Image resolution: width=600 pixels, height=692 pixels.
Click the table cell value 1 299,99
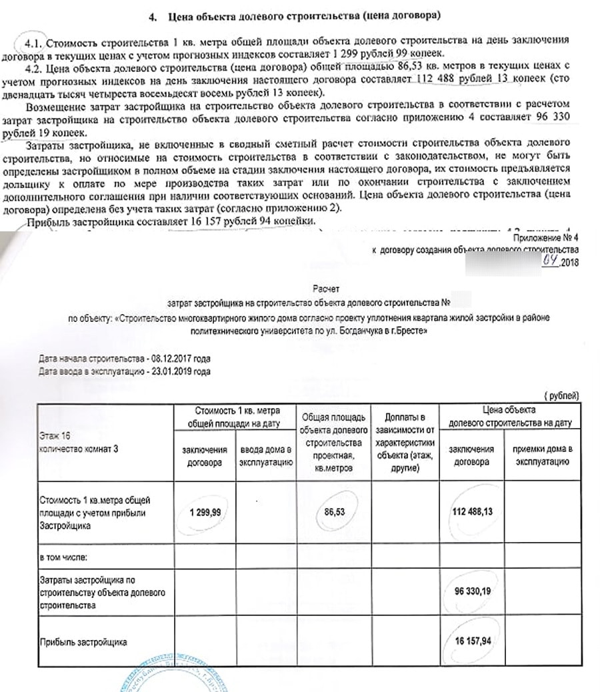click(x=205, y=511)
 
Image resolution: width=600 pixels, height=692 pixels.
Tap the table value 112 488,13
click(x=472, y=511)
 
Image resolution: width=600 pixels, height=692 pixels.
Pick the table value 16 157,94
click(x=472, y=641)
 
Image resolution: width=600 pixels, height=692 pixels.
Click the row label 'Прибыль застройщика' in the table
click(x=83, y=641)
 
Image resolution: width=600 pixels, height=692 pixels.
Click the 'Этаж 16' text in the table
click(x=55, y=438)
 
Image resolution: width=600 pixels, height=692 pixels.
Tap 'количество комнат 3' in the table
click(x=79, y=449)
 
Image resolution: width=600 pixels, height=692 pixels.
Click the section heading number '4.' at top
click(x=169, y=15)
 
